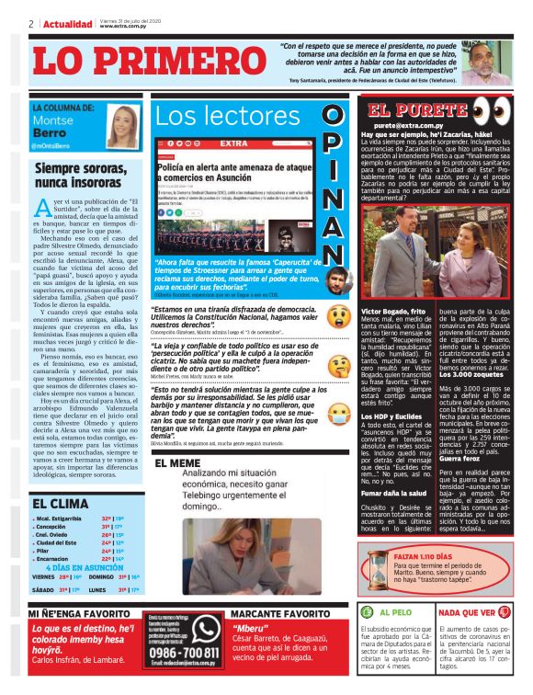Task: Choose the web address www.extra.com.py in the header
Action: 121,26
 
